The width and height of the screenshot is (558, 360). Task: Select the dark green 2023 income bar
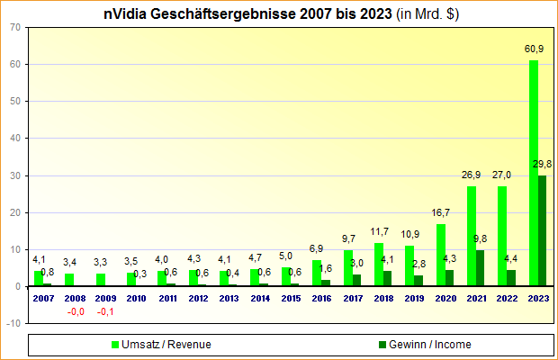pos(542,230)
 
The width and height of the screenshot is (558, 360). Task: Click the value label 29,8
pos(543,164)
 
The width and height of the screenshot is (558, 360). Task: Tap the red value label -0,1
pos(106,311)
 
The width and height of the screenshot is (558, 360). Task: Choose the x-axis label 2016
pos(322,297)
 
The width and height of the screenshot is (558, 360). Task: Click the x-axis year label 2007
pos(43,297)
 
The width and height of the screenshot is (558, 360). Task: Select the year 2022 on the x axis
pos(508,297)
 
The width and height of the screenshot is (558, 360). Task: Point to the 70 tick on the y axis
pos(16,27)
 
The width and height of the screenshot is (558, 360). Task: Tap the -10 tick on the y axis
pos(14,323)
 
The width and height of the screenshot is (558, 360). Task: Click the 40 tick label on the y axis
pos(16,138)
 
